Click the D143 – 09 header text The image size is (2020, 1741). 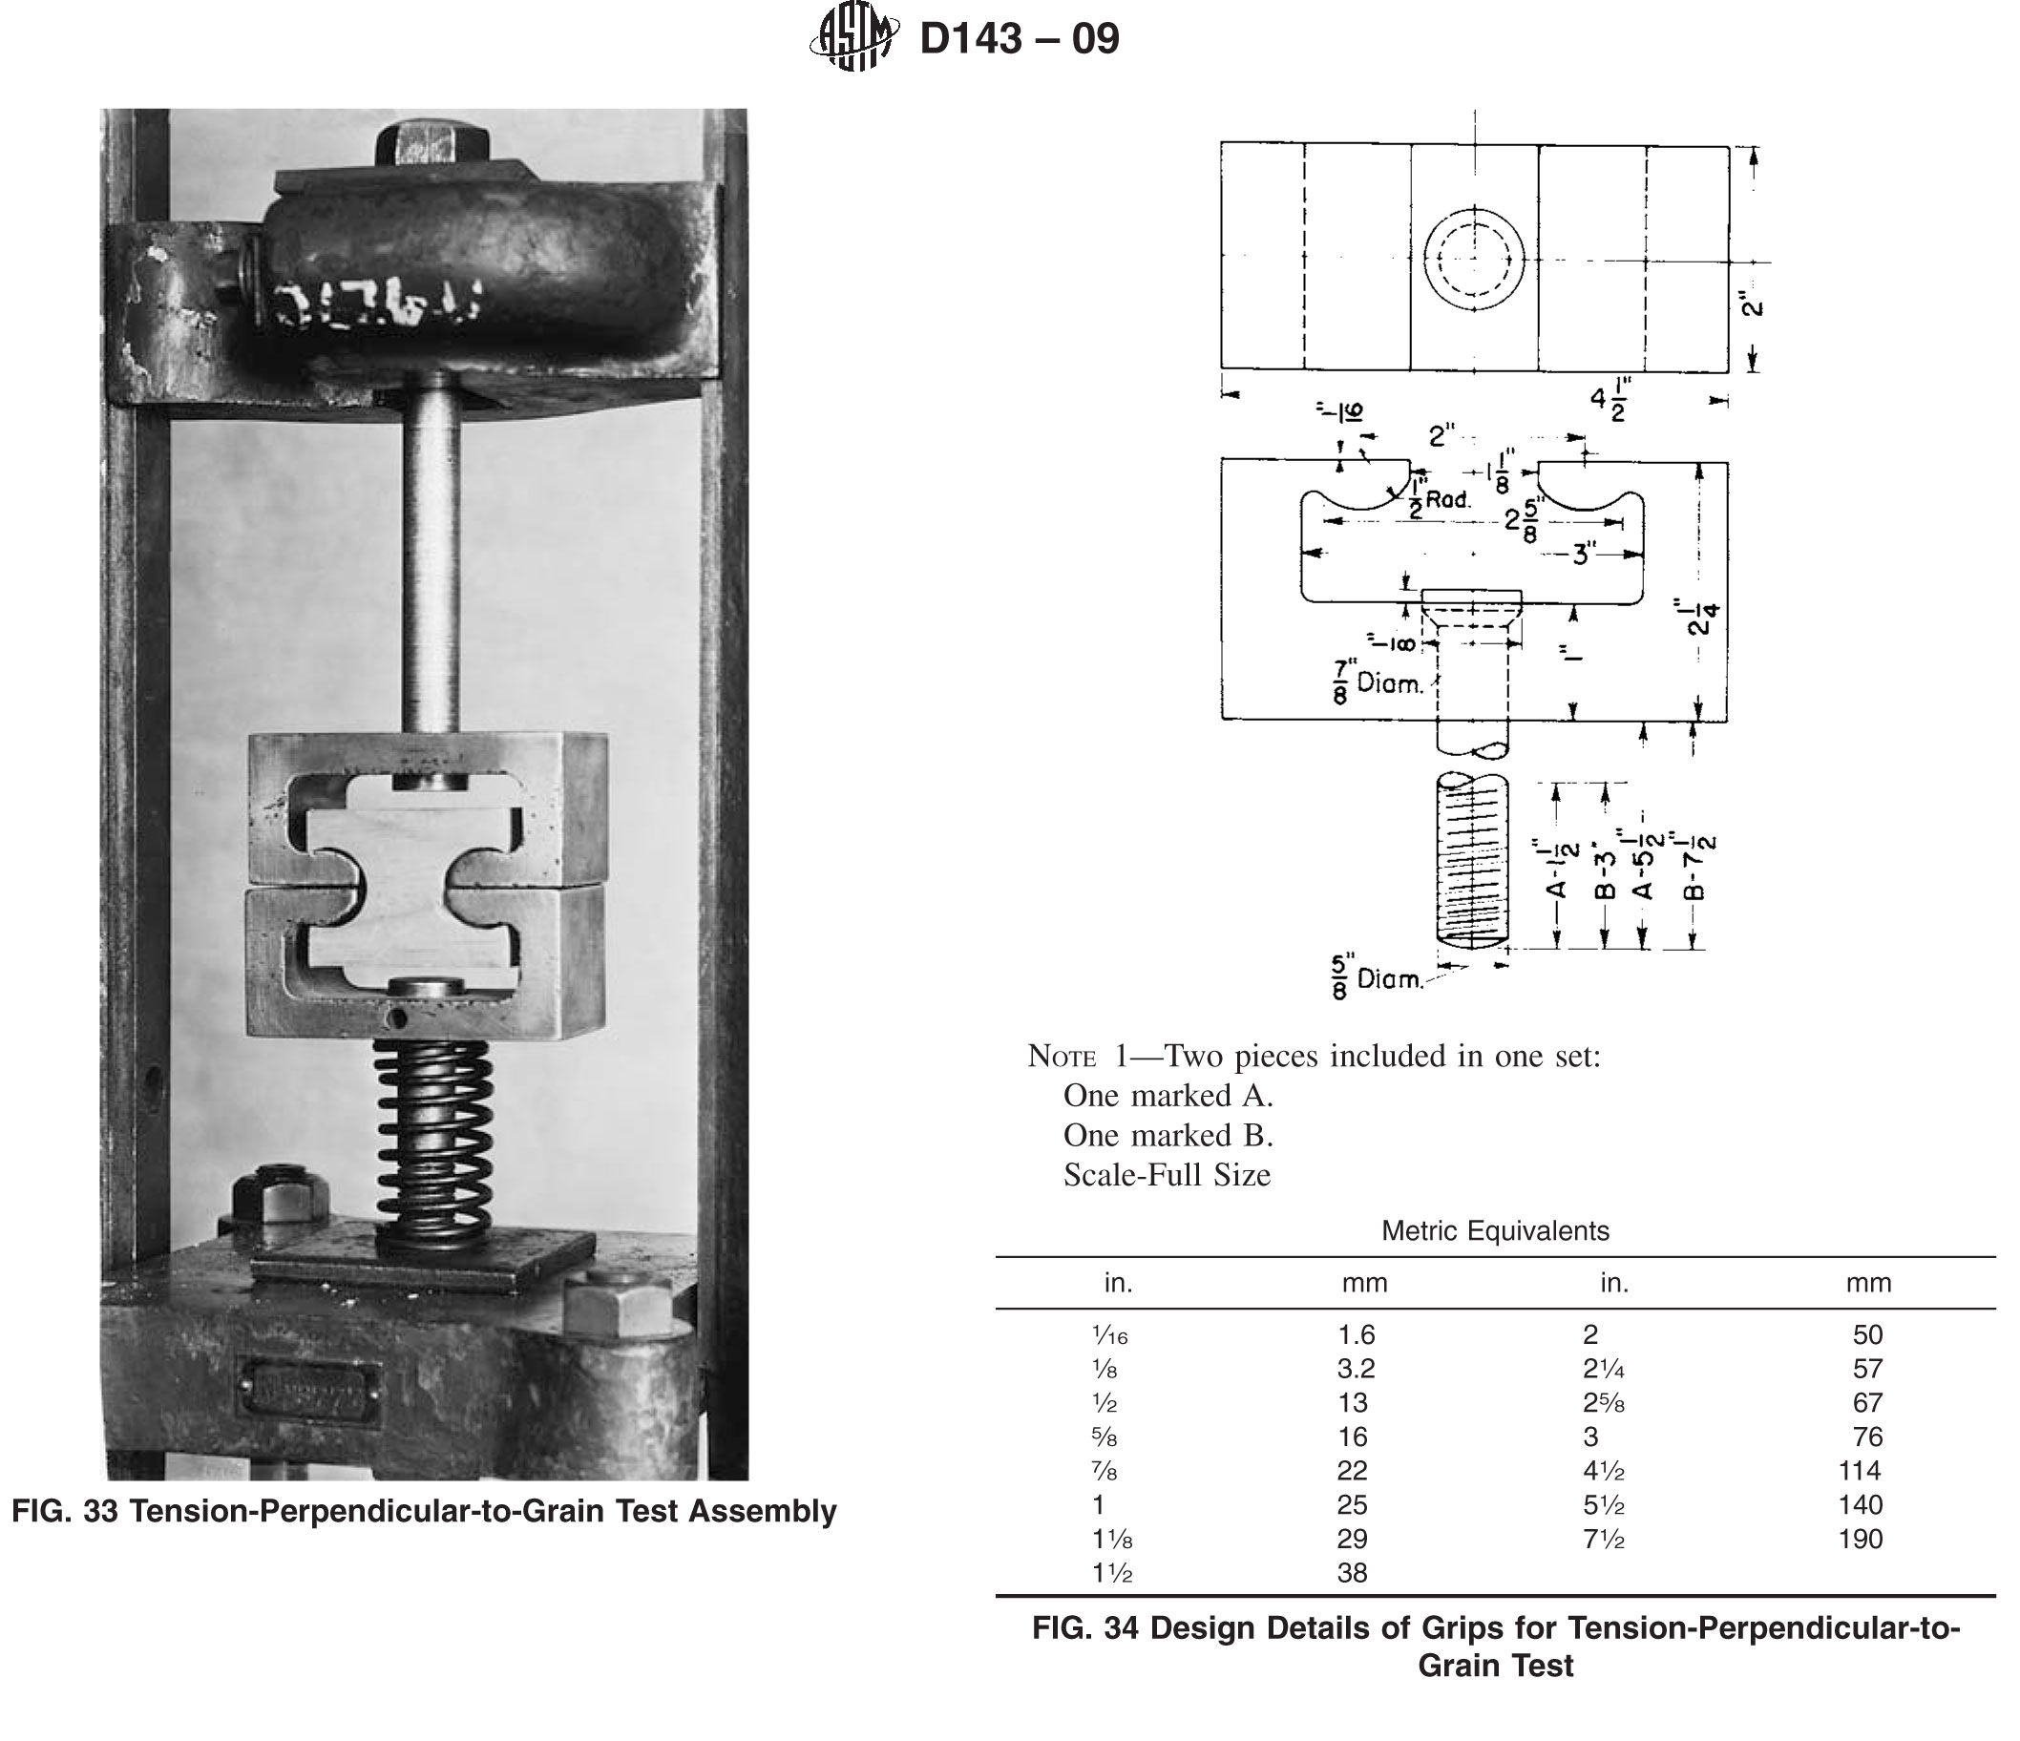[x=1020, y=39]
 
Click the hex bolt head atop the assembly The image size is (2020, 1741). [x=431, y=143]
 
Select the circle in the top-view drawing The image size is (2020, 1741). [x=1473, y=261]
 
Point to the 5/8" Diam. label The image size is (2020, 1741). [x=1377, y=977]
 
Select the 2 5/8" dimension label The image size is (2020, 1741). [x=1525, y=519]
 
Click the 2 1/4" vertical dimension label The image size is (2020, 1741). [x=1702, y=617]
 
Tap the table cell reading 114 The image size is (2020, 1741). [x=1858, y=1471]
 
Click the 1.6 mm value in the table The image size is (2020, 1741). [x=1356, y=1334]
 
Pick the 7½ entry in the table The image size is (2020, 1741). [x=1603, y=1540]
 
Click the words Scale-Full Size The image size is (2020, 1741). [x=1166, y=1175]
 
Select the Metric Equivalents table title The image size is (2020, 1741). [x=1495, y=1231]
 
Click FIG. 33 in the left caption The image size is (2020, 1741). [x=64, y=1511]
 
